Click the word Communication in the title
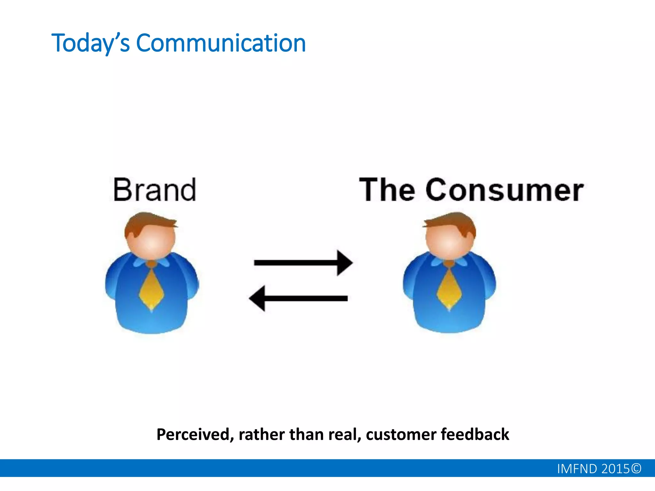221,43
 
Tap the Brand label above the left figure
154,190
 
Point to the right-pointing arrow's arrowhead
345,263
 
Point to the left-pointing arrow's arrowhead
257,299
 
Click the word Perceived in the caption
193,435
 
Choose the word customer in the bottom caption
401,435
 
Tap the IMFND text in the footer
577,469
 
